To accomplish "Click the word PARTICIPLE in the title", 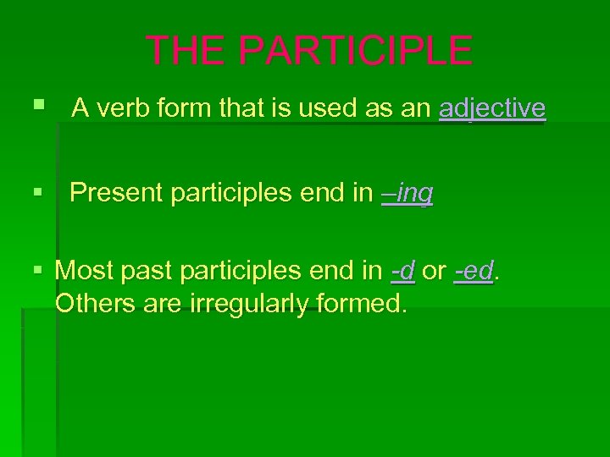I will [x=356, y=51].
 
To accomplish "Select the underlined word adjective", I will [x=492, y=108].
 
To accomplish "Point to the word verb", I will [x=116, y=108].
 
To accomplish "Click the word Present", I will [x=116, y=194].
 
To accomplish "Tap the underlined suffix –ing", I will [x=408, y=194].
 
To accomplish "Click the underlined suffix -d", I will [x=402, y=272].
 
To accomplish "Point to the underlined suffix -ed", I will [x=474, y=272].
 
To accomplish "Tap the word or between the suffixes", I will [x=434, y=272].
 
